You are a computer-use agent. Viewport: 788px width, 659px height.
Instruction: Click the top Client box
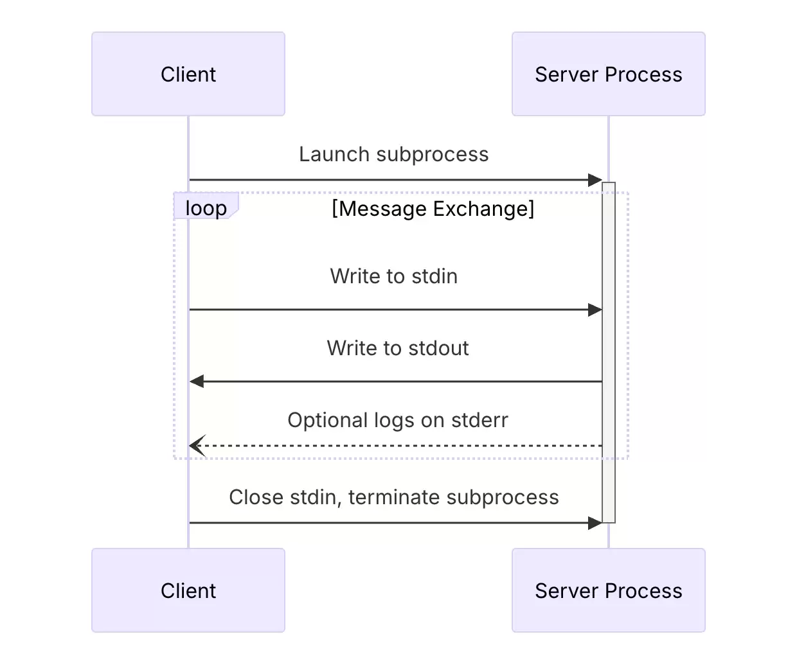pos(188,74)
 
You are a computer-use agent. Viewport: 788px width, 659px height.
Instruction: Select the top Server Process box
pos(609,74)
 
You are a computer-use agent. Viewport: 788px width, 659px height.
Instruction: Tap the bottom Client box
pos(188,590)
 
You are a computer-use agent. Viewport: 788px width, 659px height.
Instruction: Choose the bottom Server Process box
pos(609,590)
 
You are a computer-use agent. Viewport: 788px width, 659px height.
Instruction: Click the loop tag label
pos(206,208)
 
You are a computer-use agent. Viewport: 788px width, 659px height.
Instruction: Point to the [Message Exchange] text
pos(433,209)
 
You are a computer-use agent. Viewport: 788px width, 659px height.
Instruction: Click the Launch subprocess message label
pos(394,154)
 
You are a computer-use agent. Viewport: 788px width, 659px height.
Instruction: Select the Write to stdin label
pos(394,276)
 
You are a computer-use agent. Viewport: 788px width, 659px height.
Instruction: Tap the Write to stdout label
pos(398,347)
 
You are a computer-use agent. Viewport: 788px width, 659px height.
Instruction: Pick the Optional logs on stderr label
pos(398,420)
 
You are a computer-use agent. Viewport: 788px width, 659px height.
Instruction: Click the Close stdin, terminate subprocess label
pos(394,497)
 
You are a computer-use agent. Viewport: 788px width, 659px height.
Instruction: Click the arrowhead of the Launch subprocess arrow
pos(595,180)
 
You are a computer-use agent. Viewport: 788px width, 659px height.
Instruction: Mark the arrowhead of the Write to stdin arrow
pos(595,310)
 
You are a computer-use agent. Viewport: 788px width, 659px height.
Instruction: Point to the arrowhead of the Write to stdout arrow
pos(197,382)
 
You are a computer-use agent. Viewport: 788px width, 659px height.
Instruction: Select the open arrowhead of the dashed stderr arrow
pos(197,446)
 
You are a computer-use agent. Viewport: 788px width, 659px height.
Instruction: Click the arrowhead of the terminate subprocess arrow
pos(595,523)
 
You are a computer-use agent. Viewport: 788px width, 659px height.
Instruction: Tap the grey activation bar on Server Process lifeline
pos(609,353)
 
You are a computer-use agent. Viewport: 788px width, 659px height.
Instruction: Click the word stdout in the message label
pos(438,347)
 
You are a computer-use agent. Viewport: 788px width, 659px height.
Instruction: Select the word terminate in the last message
pos(395,497)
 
